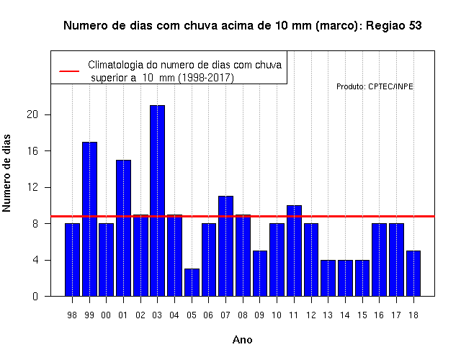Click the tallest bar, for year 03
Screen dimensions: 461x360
(157, 200)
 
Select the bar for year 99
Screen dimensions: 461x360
(89, 219)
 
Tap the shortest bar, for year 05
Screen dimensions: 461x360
(192, 282)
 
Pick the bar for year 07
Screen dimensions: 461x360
(225, 246)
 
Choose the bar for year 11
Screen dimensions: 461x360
(294, 251)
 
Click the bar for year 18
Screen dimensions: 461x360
(413, 274)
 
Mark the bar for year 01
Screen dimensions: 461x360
(123, 228)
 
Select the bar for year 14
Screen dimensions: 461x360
(345, 278)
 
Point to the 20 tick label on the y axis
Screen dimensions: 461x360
(32, 114)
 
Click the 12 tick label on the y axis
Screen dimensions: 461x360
(32, 187)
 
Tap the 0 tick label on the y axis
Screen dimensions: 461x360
(35, 296)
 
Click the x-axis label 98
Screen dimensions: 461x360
(72, 315)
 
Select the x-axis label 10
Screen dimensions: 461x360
(277, 315)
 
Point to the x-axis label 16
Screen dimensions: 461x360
(379, 315)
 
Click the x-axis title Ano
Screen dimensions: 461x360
(242, 340)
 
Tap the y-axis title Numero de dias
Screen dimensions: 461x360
(6, 173)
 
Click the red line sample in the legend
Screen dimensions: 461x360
(69, 71)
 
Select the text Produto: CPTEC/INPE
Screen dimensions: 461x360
(375, 86)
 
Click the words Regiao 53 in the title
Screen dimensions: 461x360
(394, 26)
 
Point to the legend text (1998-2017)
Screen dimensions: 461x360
(207, 78)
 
